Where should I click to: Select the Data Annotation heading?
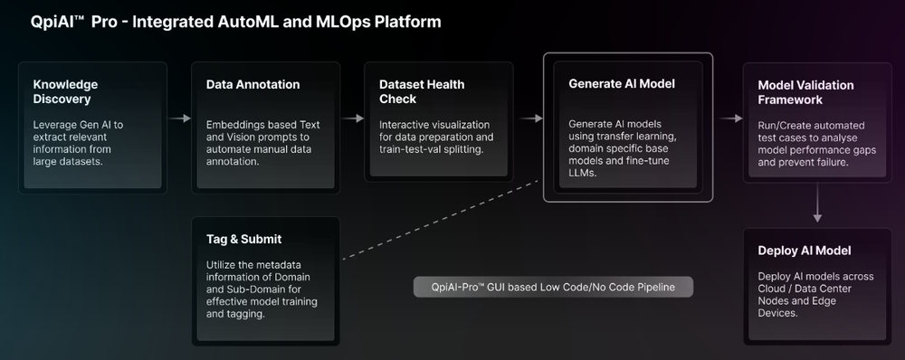[252, 84]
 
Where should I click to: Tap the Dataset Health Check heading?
[422, 91]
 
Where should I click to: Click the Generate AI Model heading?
[622, 83]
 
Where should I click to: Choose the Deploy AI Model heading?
[805, 250]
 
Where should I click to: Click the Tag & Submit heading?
[243, 239]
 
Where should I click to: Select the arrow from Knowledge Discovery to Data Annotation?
[180, 118]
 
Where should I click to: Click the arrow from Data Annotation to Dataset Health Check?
[353, 118]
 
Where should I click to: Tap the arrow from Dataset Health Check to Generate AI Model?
[531, 118]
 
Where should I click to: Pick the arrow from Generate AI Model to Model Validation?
[729, 118]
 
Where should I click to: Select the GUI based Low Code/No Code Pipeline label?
[552, 288]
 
